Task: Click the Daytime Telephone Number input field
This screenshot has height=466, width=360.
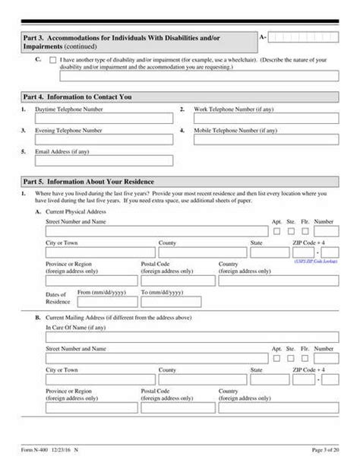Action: (x=103, y=119)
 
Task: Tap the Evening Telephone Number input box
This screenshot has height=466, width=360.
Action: (x=103, y=140)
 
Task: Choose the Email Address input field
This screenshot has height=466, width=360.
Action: (x=103, y=160)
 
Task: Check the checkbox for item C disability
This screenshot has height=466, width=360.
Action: (x=52, y=59)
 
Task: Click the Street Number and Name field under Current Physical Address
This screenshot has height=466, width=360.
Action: (x=156, y=231)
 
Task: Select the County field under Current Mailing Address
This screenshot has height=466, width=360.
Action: (x=202, y=379)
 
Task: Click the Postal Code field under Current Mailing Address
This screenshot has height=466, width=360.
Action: (x=175, y=407)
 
